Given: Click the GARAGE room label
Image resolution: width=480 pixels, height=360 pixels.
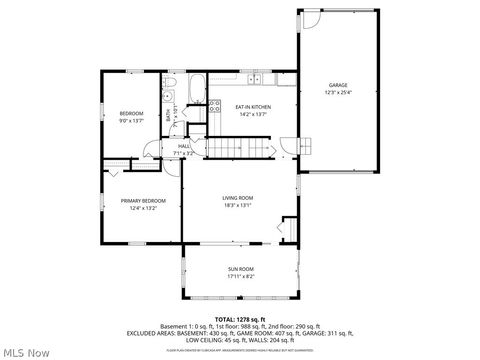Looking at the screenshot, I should click(338, 85).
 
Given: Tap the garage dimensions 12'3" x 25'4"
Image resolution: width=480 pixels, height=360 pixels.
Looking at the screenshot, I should click(338, 92).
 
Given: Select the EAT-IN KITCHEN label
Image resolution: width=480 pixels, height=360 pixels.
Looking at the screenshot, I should click(252, 107).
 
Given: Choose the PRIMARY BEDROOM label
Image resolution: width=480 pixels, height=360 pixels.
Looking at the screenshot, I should click(143, 200).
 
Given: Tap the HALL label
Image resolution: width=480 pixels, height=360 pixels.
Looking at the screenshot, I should click(184, 146).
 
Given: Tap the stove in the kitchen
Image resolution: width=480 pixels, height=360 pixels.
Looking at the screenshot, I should click(214, 105).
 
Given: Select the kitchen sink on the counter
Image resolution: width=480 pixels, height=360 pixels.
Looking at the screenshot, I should click(256, 78).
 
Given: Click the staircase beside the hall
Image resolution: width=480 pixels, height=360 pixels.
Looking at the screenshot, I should click(239, 149).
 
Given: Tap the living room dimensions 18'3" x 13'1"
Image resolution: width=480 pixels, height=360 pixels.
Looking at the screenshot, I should click(237, 205).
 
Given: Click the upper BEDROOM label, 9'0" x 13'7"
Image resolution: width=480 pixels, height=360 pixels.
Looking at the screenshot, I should click(132, 113).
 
